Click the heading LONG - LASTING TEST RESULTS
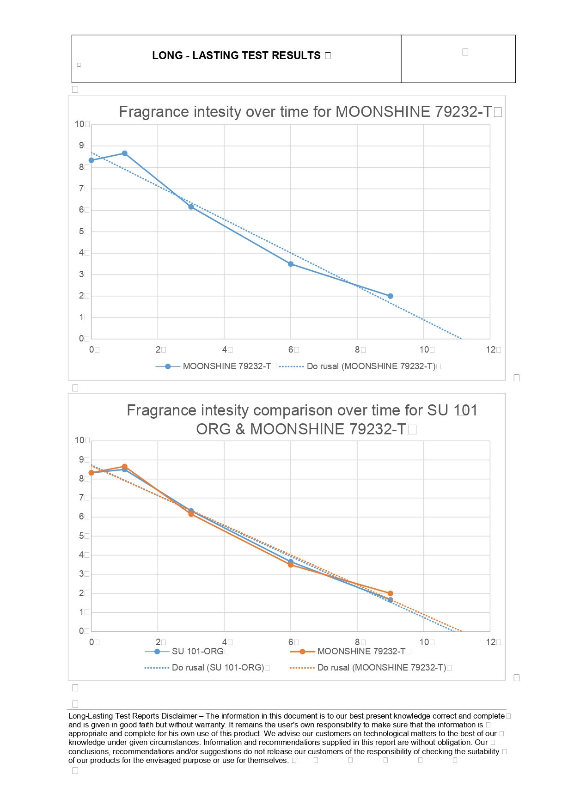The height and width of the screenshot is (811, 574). [x=236, y=55]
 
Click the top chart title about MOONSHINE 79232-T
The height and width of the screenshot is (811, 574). [x=305, y=112]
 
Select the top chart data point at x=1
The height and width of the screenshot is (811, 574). [x=124, y=153]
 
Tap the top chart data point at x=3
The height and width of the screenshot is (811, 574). [x=191, y=207]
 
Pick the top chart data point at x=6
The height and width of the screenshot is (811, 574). [x=291, y=264]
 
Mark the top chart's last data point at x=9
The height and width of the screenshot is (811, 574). [x=391, y=296]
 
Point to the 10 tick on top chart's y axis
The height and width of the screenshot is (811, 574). [x=79, y=124]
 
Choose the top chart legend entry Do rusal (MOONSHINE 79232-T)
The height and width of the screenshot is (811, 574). [x=371, y=366]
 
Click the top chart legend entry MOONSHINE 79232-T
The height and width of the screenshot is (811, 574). [x=226, y=366]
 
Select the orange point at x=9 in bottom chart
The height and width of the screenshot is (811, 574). [x=391, y=593]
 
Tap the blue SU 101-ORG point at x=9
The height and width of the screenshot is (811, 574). [x=391, y=600]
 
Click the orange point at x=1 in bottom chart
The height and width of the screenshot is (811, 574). [x=124, y=467]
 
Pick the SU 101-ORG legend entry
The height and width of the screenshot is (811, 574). [x=197, y=652]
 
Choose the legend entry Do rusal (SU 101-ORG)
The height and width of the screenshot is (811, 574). [x=218, y=668]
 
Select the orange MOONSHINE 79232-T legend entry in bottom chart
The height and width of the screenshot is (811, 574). [x=361, y=652]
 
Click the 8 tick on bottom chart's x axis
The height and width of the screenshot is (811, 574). [x=357, y=642]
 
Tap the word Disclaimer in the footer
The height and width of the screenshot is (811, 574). [x=180, y=716]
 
